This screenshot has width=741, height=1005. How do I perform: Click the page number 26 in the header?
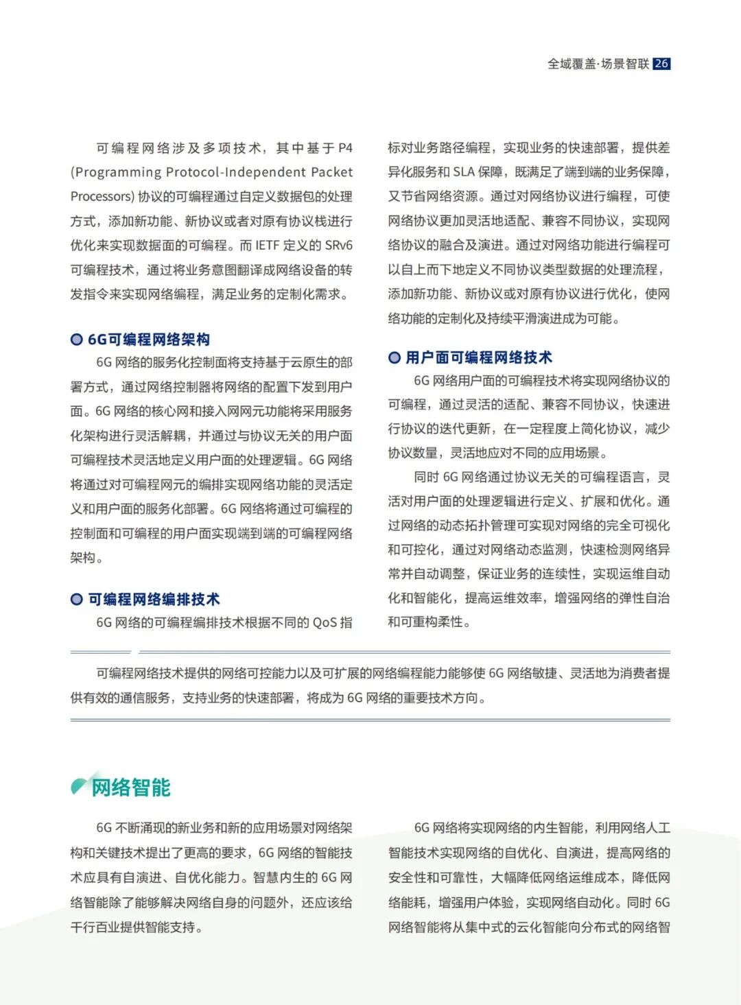click(661, 64)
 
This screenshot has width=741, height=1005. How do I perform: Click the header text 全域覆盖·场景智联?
click(598, 64)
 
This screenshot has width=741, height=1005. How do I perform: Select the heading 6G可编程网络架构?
click(149, 340)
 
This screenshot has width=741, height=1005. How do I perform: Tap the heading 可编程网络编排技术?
click(154, 599)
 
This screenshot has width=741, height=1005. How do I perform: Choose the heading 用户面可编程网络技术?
click(478, 357)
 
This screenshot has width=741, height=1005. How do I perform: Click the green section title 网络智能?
click(131, 787)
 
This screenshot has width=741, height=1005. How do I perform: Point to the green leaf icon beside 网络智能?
click(79, 786)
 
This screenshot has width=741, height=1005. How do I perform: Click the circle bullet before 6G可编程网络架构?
click(77, 340)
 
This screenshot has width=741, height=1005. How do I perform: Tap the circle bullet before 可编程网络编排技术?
click(77, 600)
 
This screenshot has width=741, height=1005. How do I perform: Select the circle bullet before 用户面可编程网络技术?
click(395, 357)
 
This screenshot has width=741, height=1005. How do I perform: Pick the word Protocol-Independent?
click(236, 172)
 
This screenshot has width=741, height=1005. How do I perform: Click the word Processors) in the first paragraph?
click(102, 197)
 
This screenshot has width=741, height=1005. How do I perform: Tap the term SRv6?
click(338, 246)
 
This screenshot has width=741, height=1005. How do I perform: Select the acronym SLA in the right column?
click(463, 172)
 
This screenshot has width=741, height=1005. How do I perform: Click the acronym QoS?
click(325, 623)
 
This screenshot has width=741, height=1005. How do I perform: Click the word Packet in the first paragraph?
click(332, 172)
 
